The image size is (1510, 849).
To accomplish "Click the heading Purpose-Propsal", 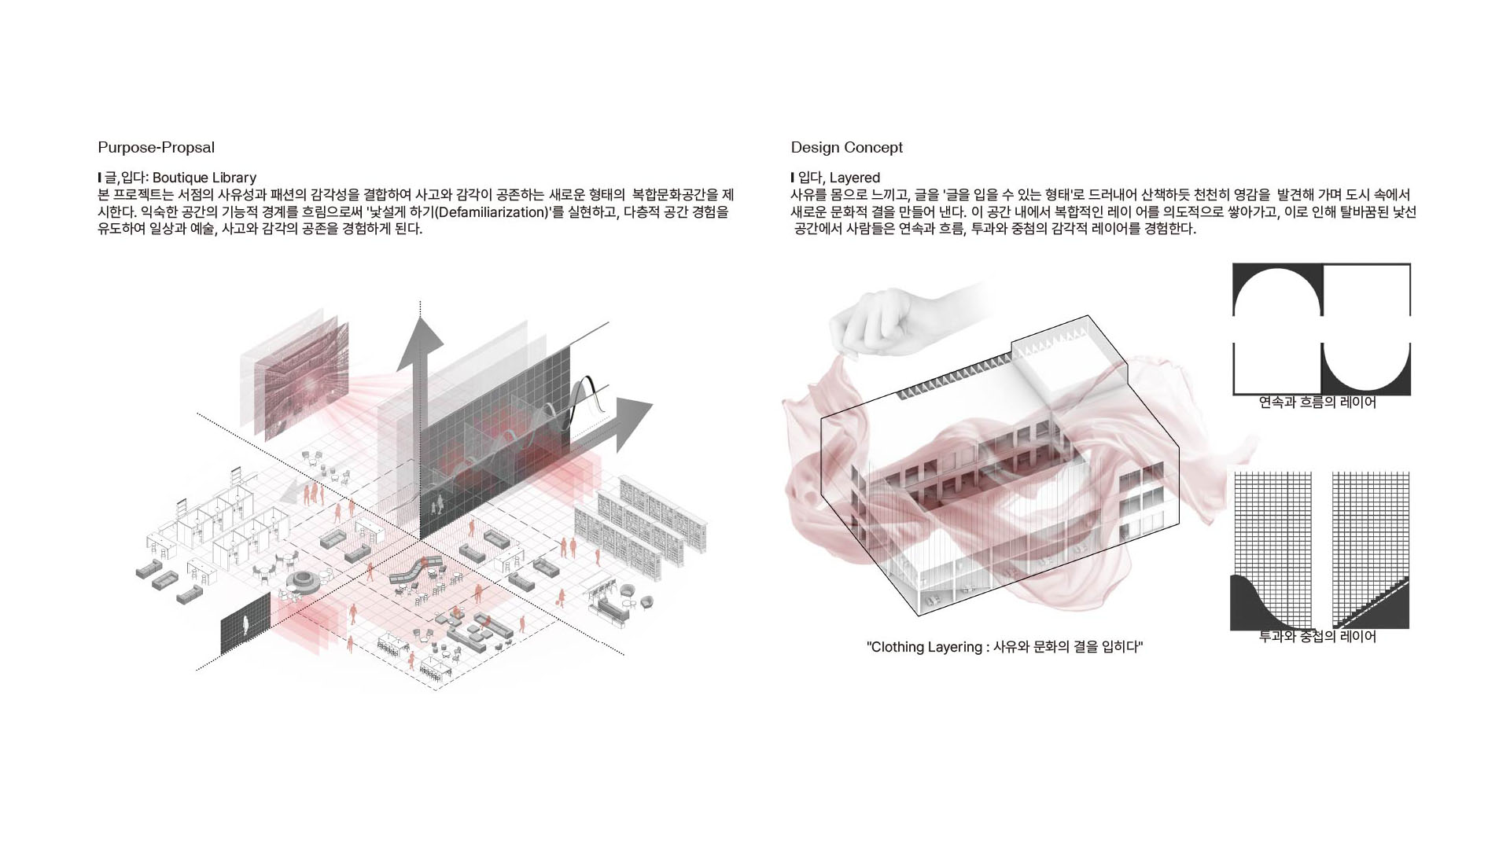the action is pyautogui.click(x=156, y=148).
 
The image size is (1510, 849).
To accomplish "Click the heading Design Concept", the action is pyautogui.click(x=846, y=148).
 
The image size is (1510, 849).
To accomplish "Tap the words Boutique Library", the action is pyautogui.click(x=204, y=178).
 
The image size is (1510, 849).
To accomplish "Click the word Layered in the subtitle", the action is pyautogui.click(x=855, y=178).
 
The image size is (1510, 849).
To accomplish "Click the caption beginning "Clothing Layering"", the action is pyautogui.click(x=1004, y=647).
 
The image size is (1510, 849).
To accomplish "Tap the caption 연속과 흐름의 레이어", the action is pyautogui.click(x=1317, y=402).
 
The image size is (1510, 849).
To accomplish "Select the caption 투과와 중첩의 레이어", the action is pyautogui.click(x=1317, y=637).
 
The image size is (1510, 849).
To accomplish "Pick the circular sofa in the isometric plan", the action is pyautogui.click(x=302, y=582).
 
